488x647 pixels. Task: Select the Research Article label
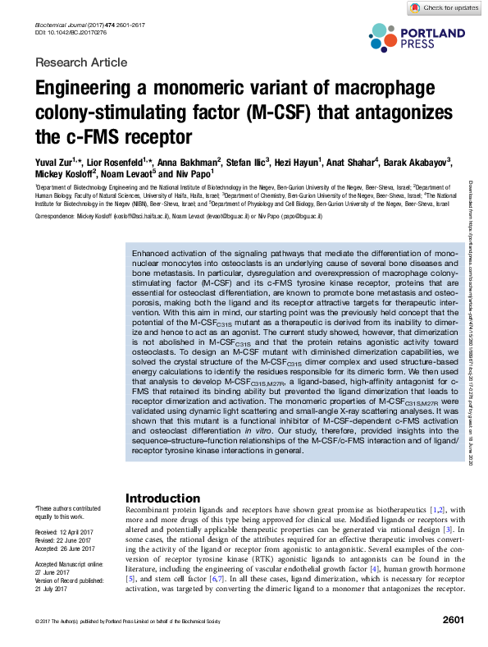[82, 62]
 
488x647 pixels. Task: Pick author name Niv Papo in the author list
[194, 174]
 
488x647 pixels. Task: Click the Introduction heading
[163, 498]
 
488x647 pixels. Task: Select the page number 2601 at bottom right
[454, 621]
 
